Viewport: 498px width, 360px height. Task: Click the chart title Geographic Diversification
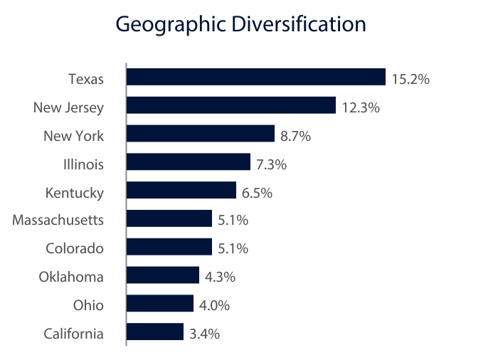[240, 25]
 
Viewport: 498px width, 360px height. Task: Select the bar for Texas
[256, 78]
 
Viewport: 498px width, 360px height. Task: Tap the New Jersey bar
[231, 106]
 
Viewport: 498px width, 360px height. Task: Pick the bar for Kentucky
[181, 191]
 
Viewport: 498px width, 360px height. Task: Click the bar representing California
[155, 332]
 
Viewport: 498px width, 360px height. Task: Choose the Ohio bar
[160, 304]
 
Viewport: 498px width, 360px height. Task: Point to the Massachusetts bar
[169, 219]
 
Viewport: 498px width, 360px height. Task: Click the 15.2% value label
[410, 79]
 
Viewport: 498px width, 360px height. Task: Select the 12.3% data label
[361, 107]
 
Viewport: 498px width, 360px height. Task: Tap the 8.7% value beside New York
[296, 136]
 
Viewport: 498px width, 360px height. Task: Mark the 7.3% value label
[271, 164]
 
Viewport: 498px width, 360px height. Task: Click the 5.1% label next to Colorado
[233, 249]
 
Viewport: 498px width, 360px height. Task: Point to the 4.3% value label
[220, 277]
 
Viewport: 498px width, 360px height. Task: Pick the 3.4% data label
[204, 334]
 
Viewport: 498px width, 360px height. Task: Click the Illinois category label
[83, 164]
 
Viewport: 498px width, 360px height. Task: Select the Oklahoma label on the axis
[71, 277]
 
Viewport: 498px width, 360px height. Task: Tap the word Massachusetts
[58, 221]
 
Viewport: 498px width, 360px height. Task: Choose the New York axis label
[73, 136]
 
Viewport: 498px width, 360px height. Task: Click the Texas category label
[86, 79]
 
